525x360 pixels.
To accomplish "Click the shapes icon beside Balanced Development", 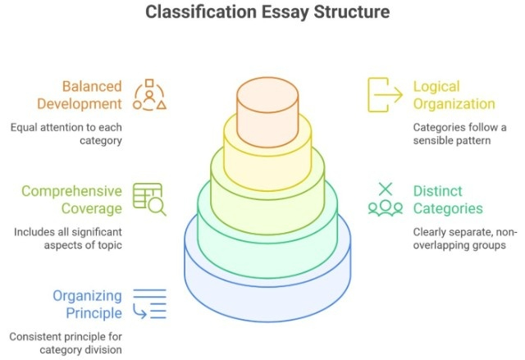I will tap(149, 95).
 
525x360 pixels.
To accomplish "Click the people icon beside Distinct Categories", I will tap(384, 199).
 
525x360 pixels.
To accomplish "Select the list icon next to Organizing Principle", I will tap(149, 303).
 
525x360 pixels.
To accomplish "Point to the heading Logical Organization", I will tap(454, 95).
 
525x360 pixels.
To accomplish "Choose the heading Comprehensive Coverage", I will tap(71, 199).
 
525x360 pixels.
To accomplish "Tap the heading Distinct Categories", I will tap(448, 199).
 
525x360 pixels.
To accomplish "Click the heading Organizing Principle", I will tap(87, 303).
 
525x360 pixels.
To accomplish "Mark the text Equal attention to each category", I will tap(66, 134).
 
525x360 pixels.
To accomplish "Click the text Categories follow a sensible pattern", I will tap(459, 134).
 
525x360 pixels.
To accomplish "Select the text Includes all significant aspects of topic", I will tap(66, 238).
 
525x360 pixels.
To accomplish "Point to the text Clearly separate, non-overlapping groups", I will tap(463, 238).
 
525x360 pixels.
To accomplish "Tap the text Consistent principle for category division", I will tap(66, 343).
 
